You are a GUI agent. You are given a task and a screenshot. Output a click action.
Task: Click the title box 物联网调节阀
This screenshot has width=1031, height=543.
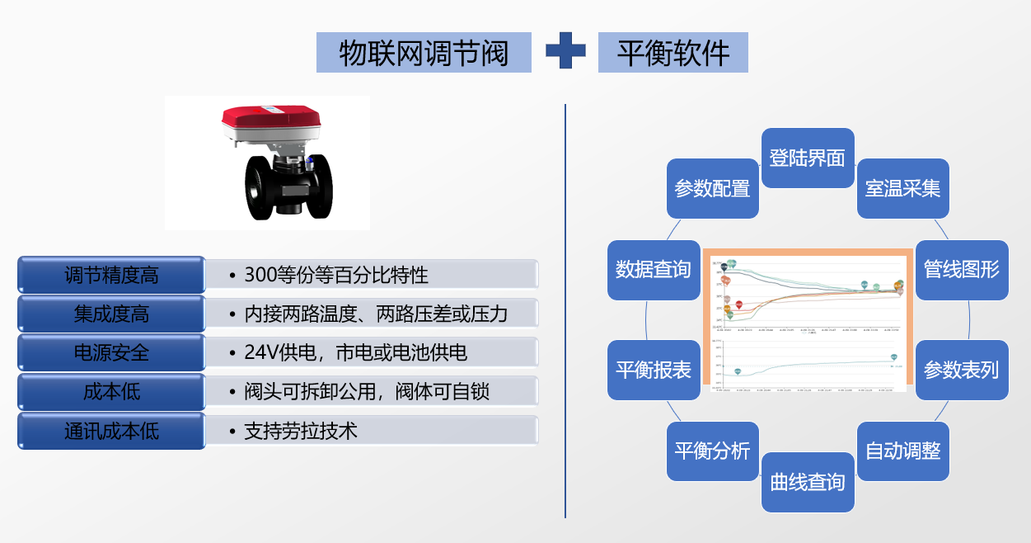coord(424,53)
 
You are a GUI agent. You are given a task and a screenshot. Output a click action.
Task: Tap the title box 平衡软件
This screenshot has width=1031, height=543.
coord(673,53)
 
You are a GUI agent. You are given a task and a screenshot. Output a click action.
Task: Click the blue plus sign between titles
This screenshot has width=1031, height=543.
coord(565,51)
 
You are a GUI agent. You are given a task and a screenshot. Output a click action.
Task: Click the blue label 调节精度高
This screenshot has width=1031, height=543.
coord(111,275)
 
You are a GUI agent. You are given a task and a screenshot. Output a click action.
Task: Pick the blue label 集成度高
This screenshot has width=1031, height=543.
coord(111,314)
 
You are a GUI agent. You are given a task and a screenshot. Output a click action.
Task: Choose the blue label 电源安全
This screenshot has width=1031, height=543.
coord(111,352)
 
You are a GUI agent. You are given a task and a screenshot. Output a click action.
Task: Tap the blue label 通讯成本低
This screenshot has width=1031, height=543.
coord(111,431)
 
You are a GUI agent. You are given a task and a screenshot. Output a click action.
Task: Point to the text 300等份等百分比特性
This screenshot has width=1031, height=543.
coord(336,275)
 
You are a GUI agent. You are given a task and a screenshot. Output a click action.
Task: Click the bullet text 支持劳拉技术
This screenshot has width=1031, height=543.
coord(301,431)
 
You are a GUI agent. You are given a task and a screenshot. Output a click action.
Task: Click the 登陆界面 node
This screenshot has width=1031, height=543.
coord(808,158)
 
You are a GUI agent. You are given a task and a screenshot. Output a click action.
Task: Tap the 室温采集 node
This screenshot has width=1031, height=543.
coord(902,188)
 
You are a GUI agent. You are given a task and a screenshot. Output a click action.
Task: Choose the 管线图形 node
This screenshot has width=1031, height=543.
coord(962,270)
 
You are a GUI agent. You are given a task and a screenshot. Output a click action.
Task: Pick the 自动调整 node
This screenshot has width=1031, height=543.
coord(902,451)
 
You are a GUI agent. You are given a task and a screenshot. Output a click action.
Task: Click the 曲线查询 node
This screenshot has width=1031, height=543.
coord(808,482)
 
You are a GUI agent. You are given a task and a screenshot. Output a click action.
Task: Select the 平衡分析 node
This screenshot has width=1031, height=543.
coord(712,451)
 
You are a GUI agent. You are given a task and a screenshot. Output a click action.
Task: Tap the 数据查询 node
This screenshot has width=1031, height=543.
coord(654,270)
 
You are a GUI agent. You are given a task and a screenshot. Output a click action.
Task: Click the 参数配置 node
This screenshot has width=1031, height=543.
coord(712,188)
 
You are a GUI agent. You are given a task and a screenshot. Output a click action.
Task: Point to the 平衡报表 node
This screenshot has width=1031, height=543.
coord(654,370)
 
